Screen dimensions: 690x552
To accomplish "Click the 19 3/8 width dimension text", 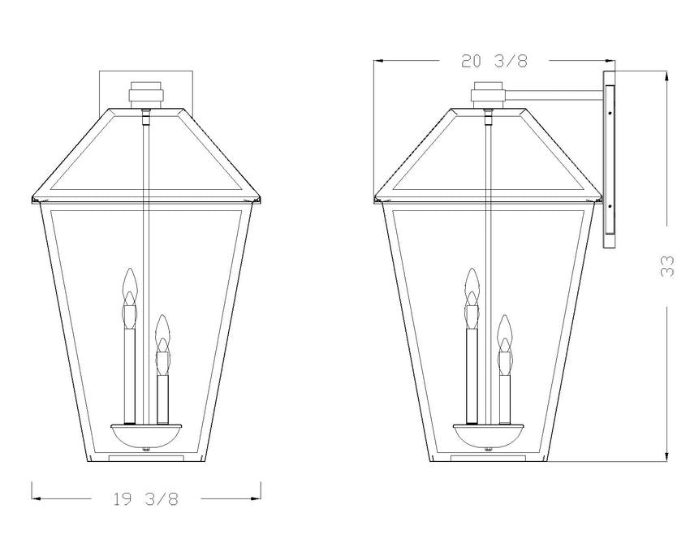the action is tap(146, 499).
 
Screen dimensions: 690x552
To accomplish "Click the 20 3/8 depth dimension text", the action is tap(494, 61).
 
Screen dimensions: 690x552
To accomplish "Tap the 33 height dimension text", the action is tap(667, 266).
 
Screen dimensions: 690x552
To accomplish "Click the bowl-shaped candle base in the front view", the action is tap(146, 435).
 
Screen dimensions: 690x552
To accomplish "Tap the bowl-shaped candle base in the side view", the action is tap(489, 435).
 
